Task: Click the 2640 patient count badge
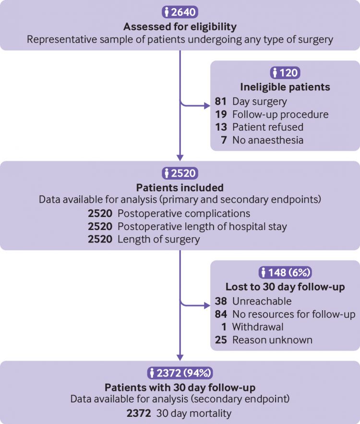click(180, 12)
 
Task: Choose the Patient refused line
click(268, 127)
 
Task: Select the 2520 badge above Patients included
click(180, 173)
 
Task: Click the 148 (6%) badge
click(285, 273)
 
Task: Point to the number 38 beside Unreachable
click(221, 301)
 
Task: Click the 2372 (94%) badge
click(180, 372)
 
